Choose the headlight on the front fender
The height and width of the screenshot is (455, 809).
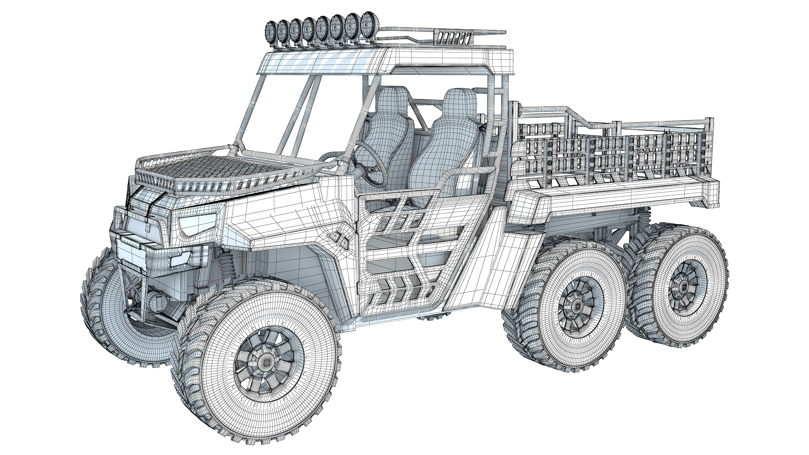[x=198, y=224]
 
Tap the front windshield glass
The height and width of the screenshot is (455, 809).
[x=279, y=113]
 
